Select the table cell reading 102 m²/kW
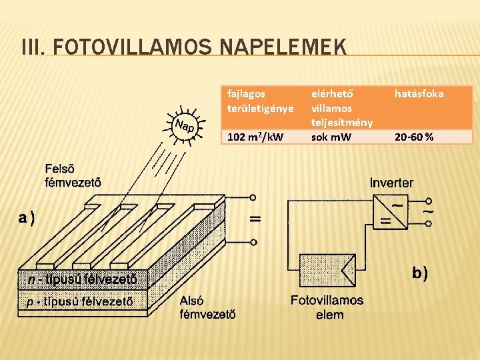click(255, 137)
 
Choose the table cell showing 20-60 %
click(414, 137)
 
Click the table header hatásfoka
click(419, 94)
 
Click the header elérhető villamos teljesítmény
click(341, 107)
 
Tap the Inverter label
click(391, 182)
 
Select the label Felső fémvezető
click(73, 174)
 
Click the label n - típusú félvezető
click(83, 279)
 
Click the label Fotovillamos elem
click(327, 307)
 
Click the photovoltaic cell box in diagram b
click(328, 271)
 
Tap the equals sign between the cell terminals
click(254, 219)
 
